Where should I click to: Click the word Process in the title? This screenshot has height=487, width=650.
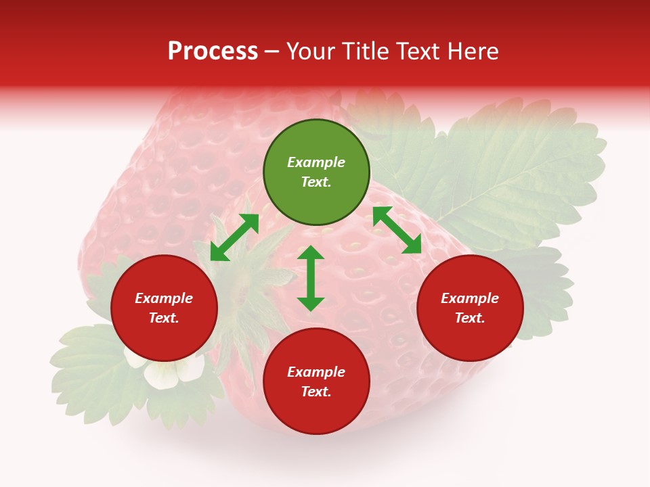tap(213, 51)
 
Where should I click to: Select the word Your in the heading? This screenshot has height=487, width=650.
tap(311, 51)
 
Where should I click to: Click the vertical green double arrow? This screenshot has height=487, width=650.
tap(311, 278)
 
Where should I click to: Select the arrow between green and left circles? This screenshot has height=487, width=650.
tap(234, 237)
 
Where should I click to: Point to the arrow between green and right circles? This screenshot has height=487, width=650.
tap(397, 230)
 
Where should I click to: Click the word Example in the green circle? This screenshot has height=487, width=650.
tap(316, 162)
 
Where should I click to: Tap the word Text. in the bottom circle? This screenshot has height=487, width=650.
tap(316, 392)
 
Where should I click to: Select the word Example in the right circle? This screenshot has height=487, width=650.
tap(470, 298)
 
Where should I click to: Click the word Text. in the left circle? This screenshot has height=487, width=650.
tap(164, 318)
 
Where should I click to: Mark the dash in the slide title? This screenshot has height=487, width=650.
tap(272, 52)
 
